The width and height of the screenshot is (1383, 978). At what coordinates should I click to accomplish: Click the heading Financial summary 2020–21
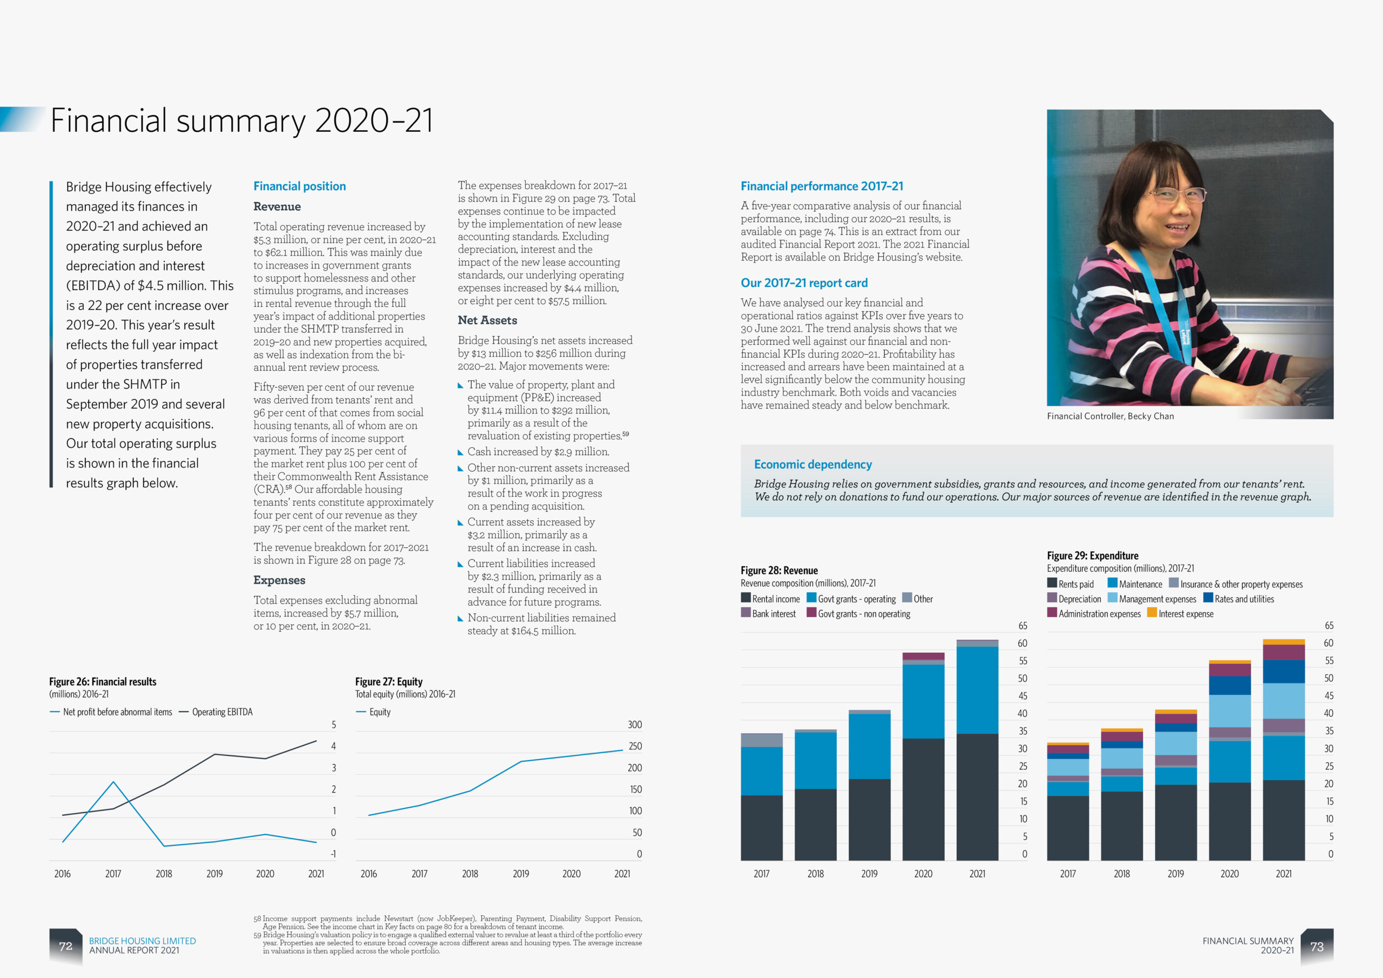[x=241, y=120]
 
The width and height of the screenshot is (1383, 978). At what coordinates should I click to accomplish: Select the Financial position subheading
[x=299, y=186]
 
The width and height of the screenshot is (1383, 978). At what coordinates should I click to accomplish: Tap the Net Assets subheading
[x=487, y=320]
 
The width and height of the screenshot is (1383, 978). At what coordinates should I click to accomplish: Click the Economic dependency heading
[x=813, y=465]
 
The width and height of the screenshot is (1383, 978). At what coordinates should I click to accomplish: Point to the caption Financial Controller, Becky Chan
[x=1110, y=417]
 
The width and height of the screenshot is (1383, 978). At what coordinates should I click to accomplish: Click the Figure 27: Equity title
[x=388, y=681]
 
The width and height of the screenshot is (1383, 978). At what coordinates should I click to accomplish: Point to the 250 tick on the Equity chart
[x=635, y=746]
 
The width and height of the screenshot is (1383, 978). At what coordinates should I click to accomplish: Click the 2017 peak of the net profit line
[x=113, y=782]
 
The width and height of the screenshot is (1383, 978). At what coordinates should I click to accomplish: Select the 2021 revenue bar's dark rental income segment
[x=977, y=795]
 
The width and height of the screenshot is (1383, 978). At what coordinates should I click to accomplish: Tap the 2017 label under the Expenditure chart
[x=1068, y=874]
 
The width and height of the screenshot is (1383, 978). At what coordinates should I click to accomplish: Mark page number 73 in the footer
[x=1317, y=947]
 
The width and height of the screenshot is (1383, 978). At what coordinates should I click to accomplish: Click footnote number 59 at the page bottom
[x=257, y=935]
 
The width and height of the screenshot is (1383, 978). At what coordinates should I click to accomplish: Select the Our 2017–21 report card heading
[x=803, y=283]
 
